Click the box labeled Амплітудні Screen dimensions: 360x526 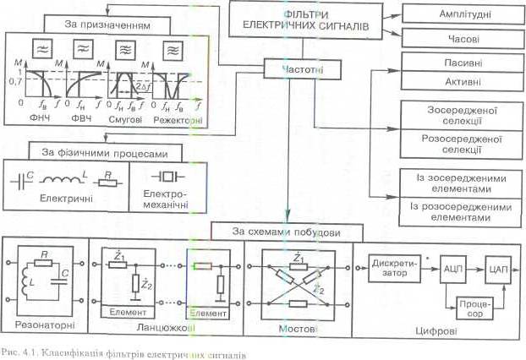click(457, 15)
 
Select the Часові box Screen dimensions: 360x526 click(457, 38)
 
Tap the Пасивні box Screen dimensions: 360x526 click(457, 63)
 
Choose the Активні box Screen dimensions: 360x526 click(457, 83)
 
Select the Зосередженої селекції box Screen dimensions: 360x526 click(457, 115)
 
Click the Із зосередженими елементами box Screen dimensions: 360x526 click(457, 183)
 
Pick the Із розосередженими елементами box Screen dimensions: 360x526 click(457, 211)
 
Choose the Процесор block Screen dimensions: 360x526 click(472, 304)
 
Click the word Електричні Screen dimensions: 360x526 click(58, 199)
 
